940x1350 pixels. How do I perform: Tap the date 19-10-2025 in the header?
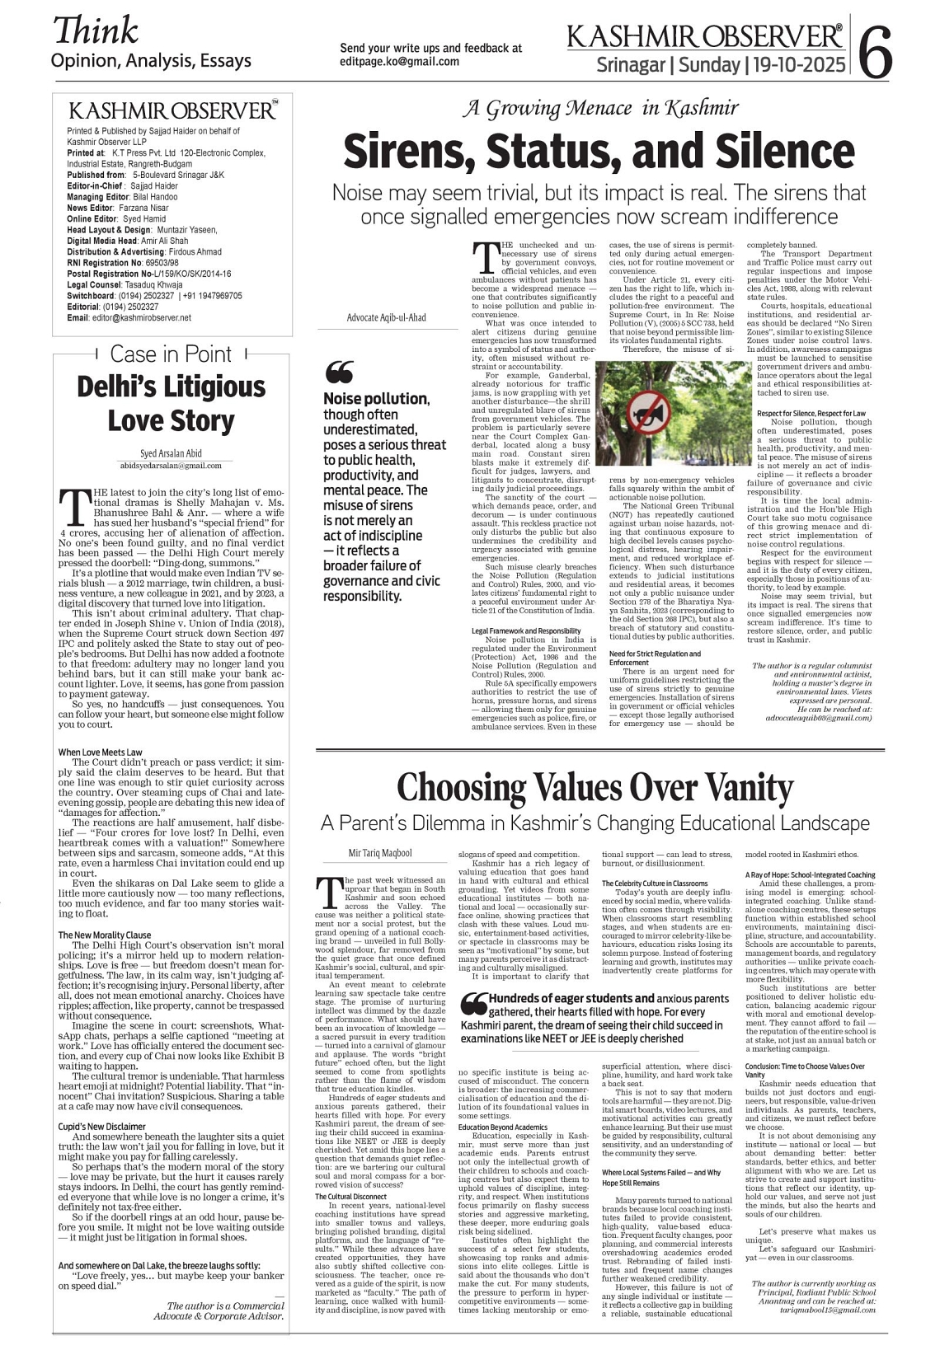(797, 64)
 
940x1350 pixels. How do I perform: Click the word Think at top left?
(96, 30)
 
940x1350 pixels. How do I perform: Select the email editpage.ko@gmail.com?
(399, 62)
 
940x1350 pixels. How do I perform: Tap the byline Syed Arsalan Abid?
(171, 453)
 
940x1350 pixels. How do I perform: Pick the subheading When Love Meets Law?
(100, 752)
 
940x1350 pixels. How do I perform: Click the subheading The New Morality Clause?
(104, 935)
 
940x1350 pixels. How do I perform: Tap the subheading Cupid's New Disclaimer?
(101, 1126)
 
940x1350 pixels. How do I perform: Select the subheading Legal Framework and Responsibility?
(526, 631)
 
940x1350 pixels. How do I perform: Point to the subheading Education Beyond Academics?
(503, 1127)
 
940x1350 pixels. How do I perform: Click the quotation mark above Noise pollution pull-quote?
(339, 373)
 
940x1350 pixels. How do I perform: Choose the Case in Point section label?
(171, 354)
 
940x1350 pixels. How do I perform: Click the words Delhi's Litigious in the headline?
(171, 387)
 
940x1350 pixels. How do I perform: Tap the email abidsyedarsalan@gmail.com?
(171, 466)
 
